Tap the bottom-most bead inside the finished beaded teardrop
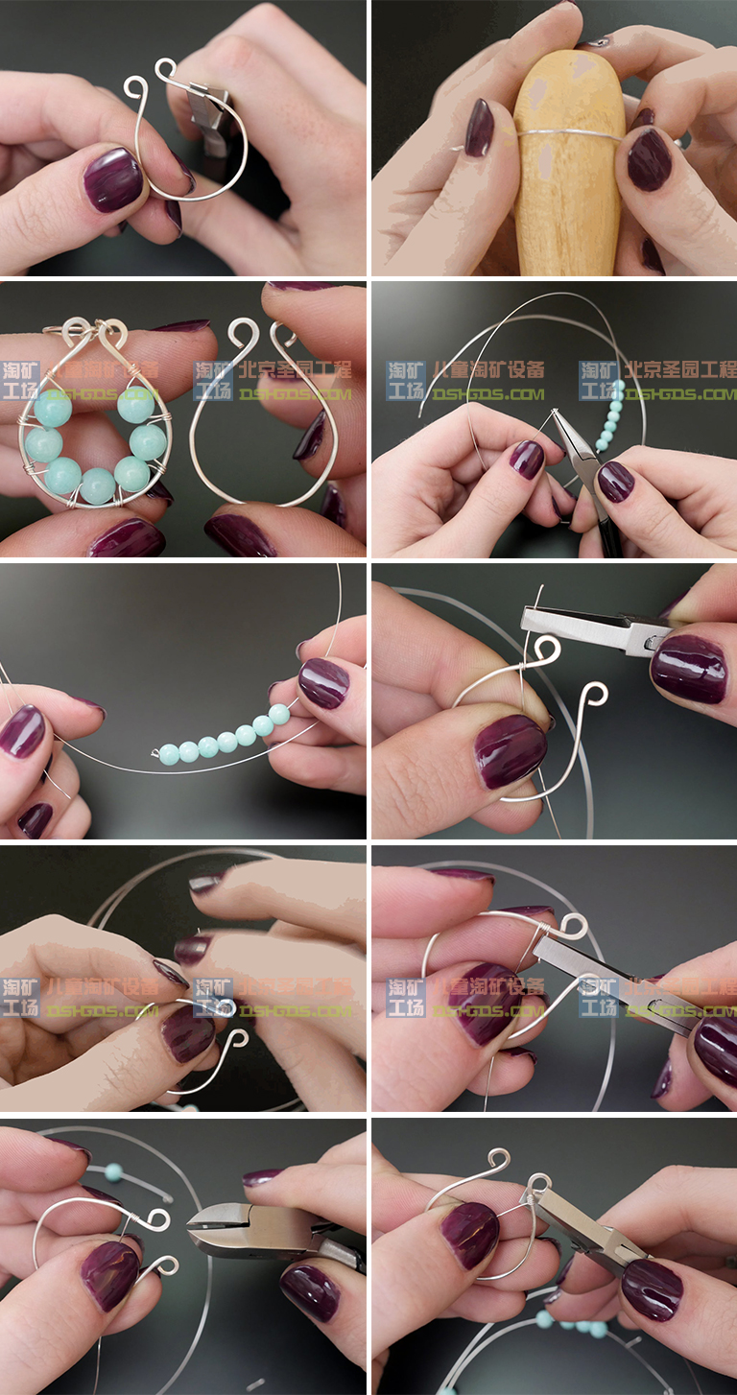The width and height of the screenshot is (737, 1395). point(97,485)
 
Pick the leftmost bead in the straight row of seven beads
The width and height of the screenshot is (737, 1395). point(169,754)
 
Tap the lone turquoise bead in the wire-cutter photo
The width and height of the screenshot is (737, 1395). point(113,1171)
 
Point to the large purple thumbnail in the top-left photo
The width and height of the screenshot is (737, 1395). point(112,180)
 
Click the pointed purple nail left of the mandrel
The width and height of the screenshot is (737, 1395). point(479,128)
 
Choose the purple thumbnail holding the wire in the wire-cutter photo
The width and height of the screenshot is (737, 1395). point(110,1275)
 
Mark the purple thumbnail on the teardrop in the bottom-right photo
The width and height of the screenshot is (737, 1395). point(469,1234)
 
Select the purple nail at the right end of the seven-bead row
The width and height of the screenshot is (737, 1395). point(322,682)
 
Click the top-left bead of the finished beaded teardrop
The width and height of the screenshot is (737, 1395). point(53,409)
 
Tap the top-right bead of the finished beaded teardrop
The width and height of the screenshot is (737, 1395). point(135,406)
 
